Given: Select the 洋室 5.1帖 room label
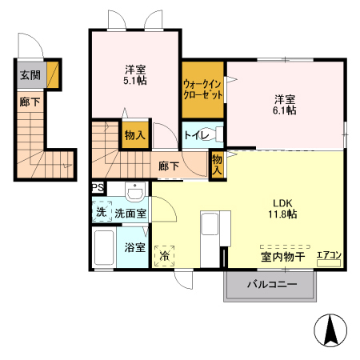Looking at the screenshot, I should point(134,74).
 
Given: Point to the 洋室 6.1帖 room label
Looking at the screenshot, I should point(286,105).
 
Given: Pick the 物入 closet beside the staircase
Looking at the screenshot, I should point(134,135).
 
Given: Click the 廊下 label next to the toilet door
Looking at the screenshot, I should point(168,166).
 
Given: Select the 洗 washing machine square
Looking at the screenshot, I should point(101,214).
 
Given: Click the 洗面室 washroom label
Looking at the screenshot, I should point(130,214).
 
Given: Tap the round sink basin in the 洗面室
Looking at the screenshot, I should point(134,194).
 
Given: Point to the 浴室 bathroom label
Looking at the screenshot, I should point(134,247).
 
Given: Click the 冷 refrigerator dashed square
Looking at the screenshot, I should point(165,256).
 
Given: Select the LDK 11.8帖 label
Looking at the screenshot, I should point(282,208).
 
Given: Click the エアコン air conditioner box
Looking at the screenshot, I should point(330,255).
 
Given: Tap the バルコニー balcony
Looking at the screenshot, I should point(271,285).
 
